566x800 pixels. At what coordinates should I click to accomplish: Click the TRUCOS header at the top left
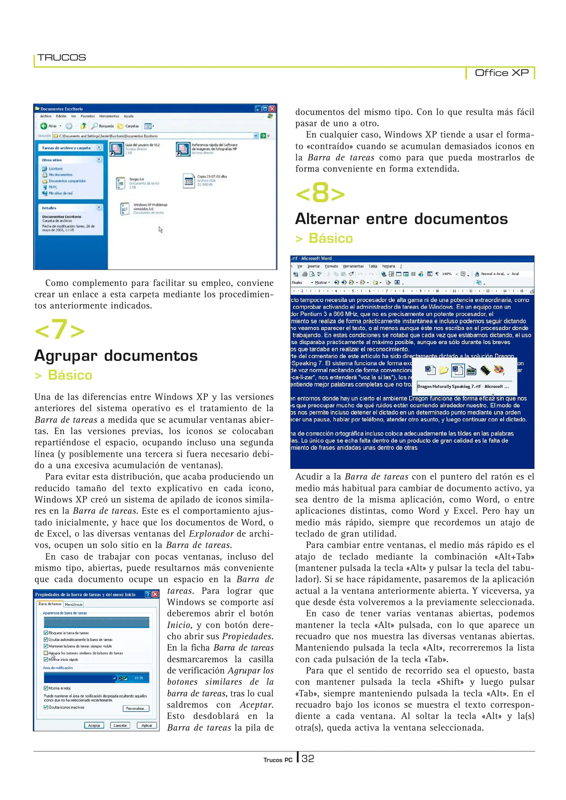(62, 57)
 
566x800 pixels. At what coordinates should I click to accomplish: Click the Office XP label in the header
(501, 73)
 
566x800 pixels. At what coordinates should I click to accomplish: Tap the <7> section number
(59, 330)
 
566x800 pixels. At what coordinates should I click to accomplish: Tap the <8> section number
(320, 193)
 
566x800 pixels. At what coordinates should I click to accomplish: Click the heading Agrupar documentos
(116, 356)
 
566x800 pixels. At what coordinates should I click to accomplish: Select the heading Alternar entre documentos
(401, 219)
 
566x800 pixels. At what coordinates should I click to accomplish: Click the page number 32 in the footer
(308, 759)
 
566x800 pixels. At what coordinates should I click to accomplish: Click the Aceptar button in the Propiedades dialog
(94, 725)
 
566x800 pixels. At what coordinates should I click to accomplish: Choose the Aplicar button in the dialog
(147, 725)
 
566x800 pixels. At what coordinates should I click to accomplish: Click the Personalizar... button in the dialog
(136, 708)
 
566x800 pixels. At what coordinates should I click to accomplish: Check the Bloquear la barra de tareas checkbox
(46, 633)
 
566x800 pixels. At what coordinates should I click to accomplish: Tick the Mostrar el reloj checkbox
(46, 688)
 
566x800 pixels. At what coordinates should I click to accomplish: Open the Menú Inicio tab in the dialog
(74, 604)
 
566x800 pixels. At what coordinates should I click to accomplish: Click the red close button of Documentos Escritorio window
(272, 109)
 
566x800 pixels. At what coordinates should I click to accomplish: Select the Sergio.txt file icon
(121, 183)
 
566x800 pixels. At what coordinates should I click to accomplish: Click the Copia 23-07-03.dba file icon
(189, 181)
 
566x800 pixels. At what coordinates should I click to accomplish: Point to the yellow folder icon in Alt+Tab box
(444, 370)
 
